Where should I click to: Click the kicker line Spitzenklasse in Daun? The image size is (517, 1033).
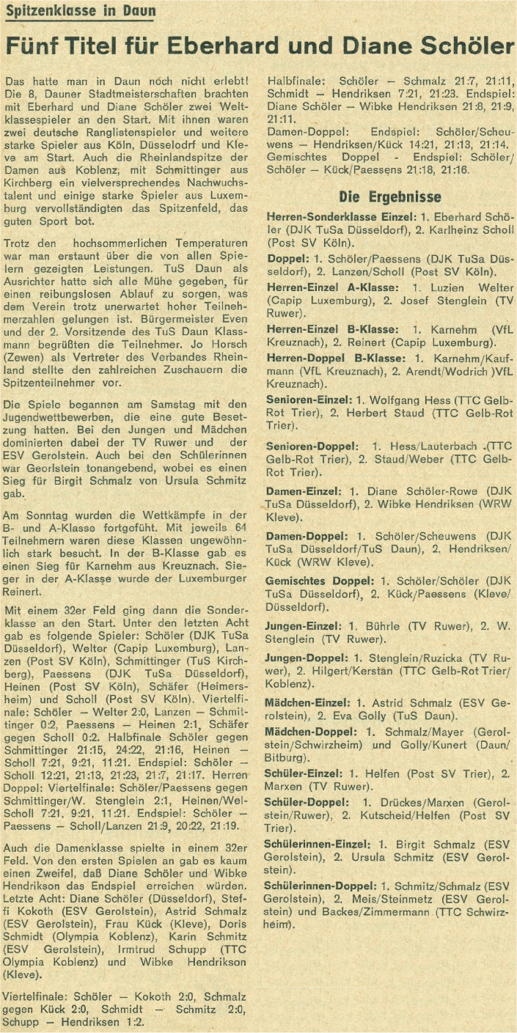pyautogui.click(x=80, y=11)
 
